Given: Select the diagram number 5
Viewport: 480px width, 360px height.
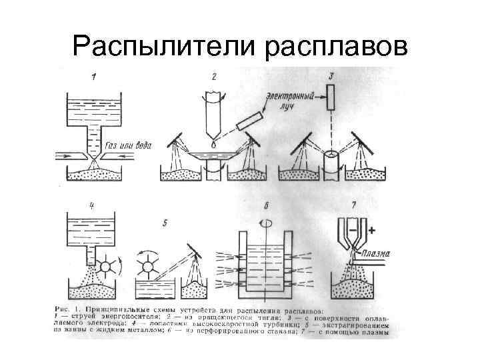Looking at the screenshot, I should (x=165, y=222).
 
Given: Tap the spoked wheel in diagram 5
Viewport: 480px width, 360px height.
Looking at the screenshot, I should (x=148, y=265).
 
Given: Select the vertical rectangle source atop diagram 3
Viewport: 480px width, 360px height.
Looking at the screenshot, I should (x=331, y=99).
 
